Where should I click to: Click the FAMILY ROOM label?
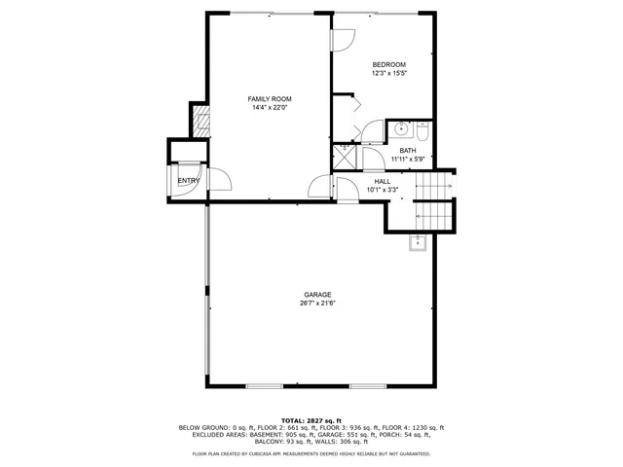pyautogui.click(x=270, y=99)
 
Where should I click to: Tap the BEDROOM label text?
pyautogui.click(x=388, y=64)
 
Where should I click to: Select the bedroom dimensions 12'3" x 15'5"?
pyautogui.click(x=388, y=73)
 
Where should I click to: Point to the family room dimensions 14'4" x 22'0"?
pyautogui.click(x=270, y=108)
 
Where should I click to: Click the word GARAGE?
pyautogui.click(x=317, y=294)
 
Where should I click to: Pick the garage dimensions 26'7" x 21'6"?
pyautogui.click(x=317, y=303)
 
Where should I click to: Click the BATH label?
pyautogui.click(x=407, y=150)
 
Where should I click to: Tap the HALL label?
pyautogui.click(x=383, y=181)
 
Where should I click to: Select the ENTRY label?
pyautogui.click(x=187, y=181)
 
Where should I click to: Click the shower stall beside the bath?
pyautogui.click(x=346, y=159)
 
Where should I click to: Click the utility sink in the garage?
pyautogui.click(x=417, y=242)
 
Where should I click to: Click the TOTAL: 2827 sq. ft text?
pyautogui.click(x=311, y=420)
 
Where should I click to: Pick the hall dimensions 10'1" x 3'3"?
pyautogui.click(x=383, y=190)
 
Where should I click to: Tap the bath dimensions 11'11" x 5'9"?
pyautogui.click(x=407, y=159)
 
